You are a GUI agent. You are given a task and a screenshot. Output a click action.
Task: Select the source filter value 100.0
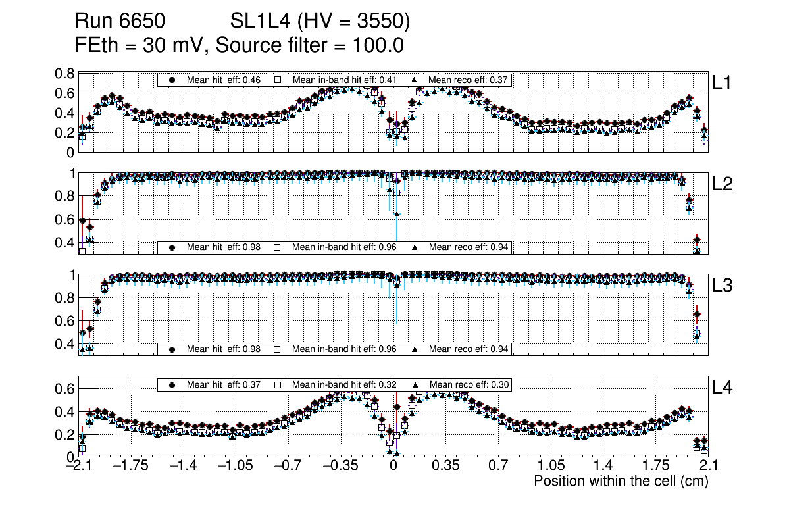click(380, 45)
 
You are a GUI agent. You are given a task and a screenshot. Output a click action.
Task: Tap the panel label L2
click(723, 185)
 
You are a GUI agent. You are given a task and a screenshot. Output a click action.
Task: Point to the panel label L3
click(723, 286)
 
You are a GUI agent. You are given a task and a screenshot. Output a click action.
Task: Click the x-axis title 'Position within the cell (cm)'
click(621, 481)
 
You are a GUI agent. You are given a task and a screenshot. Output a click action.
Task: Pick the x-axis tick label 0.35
click(445, 466)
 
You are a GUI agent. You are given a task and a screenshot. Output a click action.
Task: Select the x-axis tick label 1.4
click(602, 466)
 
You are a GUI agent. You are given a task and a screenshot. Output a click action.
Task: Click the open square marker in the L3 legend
click(278, 349)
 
